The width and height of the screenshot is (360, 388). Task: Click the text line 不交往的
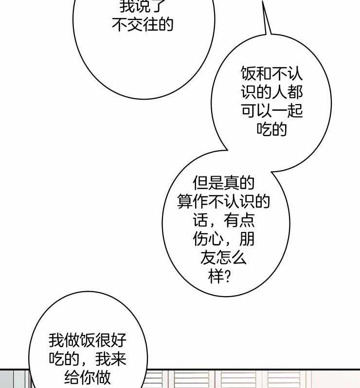(x=143, y=25)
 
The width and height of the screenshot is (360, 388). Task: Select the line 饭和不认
(x=271, y=74)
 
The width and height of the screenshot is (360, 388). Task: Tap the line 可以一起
(x=271, y=111)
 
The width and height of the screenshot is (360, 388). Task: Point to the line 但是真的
(x=223, y=184)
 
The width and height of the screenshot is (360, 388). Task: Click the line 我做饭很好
(x=88, y=340)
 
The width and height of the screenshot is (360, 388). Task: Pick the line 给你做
(x=88, y=377)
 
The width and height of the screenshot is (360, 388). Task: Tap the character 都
(x=295, y=93)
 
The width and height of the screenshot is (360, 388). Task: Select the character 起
(x=295, y=111)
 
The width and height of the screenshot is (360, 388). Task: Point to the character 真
(x=231, y=184)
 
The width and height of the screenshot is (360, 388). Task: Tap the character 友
(x=208, y=258)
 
